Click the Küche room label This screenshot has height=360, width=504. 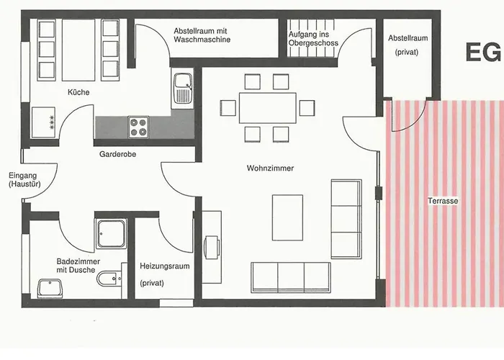tap(78, 92)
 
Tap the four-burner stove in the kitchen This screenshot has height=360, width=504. tap(138, 127)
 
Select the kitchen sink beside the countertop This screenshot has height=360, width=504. tap(183, 88)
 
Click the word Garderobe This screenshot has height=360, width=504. tap(117, 154)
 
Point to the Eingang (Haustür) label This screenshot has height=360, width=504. tap(24, 180)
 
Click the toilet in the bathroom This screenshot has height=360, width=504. tap(109, 279)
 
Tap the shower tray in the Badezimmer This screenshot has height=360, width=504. tap(111, 234)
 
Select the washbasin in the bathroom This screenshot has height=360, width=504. tap(50, 288)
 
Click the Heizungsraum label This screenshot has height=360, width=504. tap(165, 266)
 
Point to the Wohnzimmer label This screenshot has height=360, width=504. tap(270, 168)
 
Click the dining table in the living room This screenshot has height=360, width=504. tap(268, 108)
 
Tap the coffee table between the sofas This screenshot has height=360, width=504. tap(288, 217)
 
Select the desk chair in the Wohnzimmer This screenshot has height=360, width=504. tap(212, 247)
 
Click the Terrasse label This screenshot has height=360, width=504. tap(443, 201)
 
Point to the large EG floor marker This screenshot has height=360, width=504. tap(483, 52)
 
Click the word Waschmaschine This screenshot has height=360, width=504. tap(202, 40)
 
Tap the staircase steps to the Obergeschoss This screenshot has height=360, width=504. tap(311, 38)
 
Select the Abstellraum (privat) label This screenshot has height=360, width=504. tap(408, 45)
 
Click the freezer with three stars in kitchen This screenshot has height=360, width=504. tap(43, 122)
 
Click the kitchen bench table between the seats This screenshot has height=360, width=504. tap(78, 50)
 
